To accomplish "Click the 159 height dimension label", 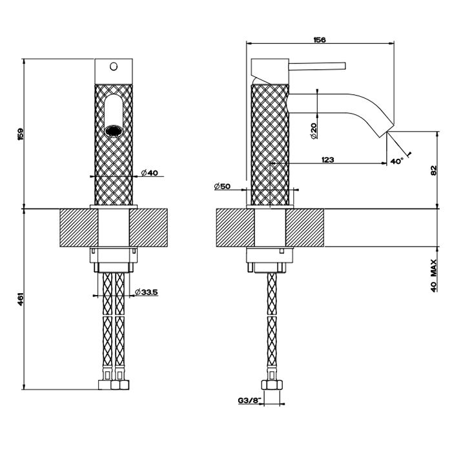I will [21, 134].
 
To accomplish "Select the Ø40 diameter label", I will [149, 173].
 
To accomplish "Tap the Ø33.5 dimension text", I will [147, 293].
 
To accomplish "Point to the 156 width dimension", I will [319, 40].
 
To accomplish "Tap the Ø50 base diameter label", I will [223, 187].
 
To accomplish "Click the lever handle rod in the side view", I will [319, 65].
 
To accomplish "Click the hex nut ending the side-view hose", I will [272, 384].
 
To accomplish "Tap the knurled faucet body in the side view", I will [268, 142].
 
